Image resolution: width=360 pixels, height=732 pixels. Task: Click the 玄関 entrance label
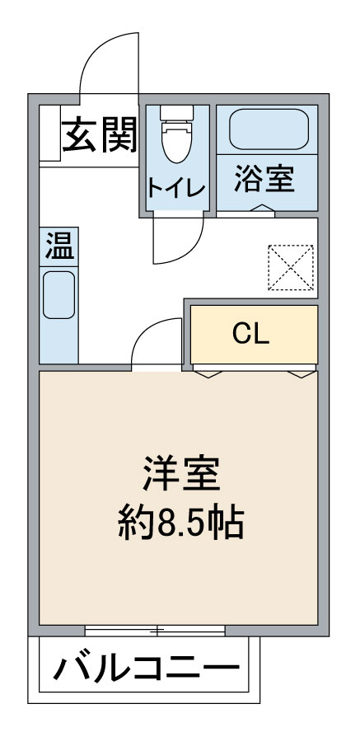[100, 135]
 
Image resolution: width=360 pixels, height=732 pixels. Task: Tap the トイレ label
[177, 188]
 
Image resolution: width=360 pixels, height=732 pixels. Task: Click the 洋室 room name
[181, 474]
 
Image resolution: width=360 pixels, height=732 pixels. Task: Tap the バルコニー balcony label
[146, 669]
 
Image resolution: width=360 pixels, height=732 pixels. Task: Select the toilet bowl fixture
[177, 134]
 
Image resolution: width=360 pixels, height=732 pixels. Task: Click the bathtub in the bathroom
[269, 129]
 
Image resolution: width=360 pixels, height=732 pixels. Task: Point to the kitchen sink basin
[58, 295]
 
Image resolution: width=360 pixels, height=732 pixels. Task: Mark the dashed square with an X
[291, 268]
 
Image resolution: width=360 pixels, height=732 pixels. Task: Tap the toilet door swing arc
[189, 251]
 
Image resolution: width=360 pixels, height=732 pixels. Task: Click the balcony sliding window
[155, 631]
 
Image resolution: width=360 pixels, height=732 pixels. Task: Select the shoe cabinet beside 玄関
[50, 134]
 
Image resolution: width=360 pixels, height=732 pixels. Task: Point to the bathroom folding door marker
[263, 209]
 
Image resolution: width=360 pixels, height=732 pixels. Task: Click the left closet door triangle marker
[207, 374]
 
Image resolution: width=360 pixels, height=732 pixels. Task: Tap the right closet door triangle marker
[302, 374]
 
